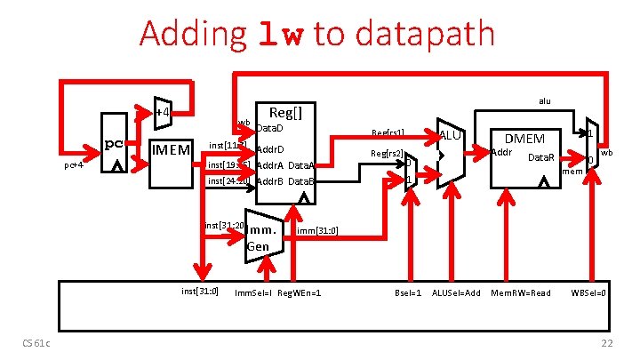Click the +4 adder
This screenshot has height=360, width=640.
coord(163,112)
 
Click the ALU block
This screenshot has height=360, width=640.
coord(451,147)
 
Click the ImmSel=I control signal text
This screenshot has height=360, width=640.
coord(253,292)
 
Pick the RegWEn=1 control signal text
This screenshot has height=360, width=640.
coord(300,292)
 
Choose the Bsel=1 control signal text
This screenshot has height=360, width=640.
coord(408,292)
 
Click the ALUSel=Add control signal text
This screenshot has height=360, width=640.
coord(456,292)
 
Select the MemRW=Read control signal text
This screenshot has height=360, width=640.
coord(522,292)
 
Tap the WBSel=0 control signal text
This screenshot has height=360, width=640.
coord(588,292)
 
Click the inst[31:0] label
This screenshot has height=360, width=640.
coord(199,291)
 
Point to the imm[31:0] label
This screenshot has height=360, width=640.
coord(316,230)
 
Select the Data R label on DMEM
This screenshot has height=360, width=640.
coord(541,157)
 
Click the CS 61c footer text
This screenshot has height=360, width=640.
coord(37,345)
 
